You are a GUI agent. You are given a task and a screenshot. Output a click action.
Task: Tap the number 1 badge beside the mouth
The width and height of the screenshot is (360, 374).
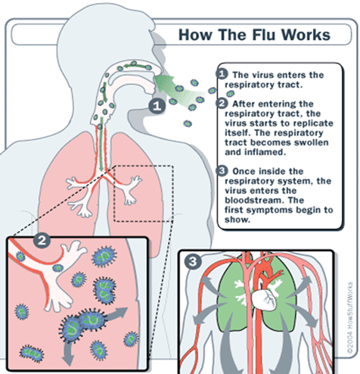pos(157,105)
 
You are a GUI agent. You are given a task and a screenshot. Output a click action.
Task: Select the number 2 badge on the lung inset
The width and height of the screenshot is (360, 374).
pos(42,240)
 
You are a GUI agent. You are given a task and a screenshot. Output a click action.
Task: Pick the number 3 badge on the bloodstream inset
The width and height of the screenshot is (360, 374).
pos(193,261)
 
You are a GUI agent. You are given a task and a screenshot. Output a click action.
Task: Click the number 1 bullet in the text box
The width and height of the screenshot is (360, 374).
pos(222,74)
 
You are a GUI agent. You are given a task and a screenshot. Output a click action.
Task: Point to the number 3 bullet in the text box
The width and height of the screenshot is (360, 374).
pos(222,171)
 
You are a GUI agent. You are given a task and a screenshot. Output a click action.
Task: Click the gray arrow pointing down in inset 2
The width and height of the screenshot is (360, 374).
pos(67,354)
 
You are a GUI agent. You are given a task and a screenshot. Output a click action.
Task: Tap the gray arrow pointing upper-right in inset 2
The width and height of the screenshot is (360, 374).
pos(116,315)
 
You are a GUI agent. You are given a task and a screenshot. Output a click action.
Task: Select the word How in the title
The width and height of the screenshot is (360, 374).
pos(195,35)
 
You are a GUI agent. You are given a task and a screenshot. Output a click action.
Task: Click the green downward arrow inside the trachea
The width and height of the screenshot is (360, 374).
pos(101,144)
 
